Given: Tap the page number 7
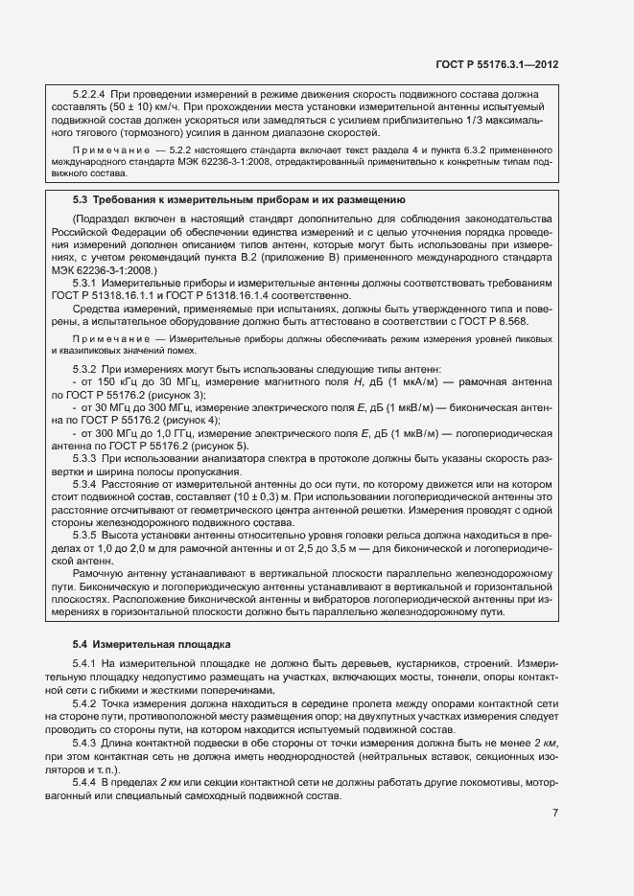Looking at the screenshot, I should [555, 814].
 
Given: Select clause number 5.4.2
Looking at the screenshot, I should [88, 701].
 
